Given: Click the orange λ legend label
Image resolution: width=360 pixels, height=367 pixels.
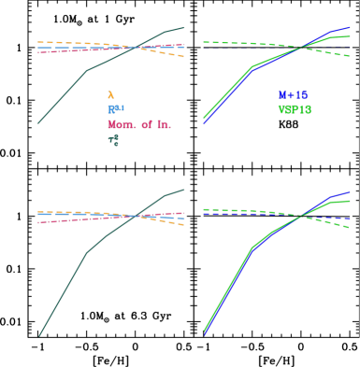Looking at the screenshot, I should [x=110, y=95].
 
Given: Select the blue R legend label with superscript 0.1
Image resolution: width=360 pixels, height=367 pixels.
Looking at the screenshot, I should [x=115, y=110].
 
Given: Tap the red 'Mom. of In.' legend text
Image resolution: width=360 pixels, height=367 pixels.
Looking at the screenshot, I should [x=138, y=125].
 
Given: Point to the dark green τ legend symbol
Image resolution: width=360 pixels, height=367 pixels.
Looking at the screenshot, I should [x=113, y=140].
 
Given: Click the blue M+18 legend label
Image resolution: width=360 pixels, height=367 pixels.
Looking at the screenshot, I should [x=293, y=95].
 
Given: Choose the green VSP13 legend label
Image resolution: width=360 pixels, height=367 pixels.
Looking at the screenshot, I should [x=295, y=110].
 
